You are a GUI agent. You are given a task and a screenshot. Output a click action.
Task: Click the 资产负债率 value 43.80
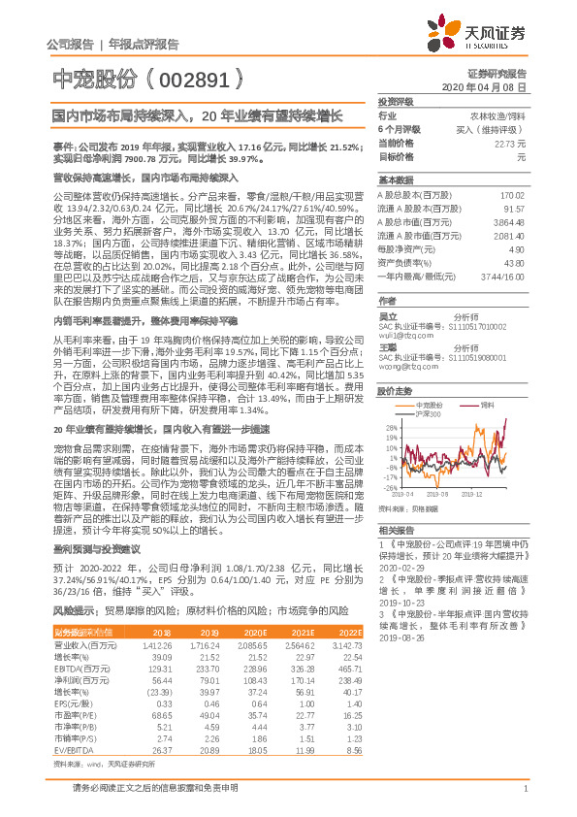(524, 264)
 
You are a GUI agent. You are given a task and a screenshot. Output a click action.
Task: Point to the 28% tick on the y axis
(391, 428)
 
